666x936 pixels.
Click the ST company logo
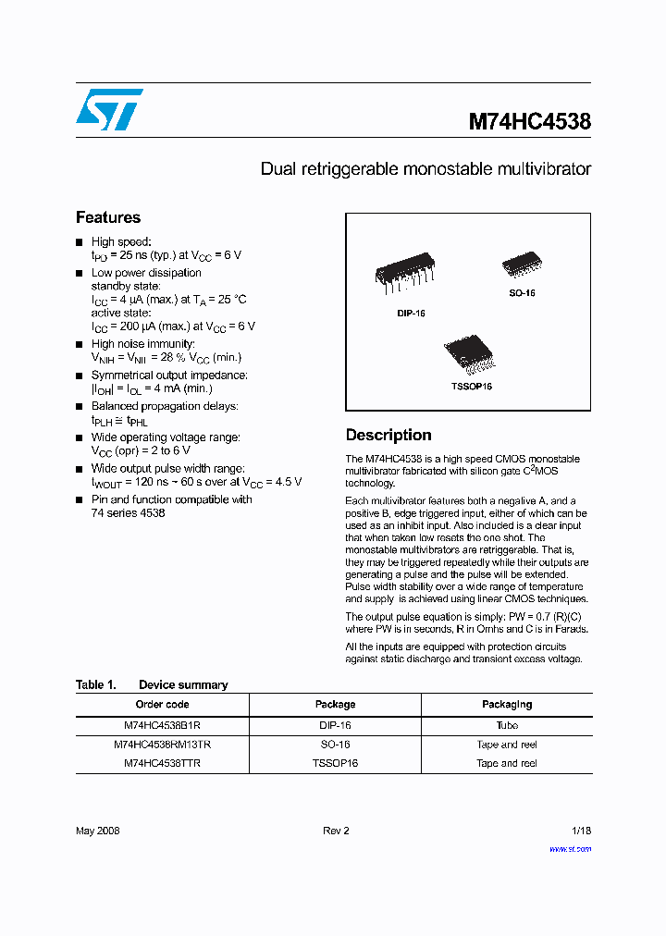point(109,109)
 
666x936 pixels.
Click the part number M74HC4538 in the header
point(529,121)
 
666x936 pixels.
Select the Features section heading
point(108,217)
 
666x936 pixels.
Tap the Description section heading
point(388,435)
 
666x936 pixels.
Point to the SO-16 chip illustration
point(522,265)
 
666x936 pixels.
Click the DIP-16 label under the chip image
point(412,314)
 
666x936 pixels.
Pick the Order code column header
point(162,705)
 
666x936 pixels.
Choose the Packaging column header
point(507,705)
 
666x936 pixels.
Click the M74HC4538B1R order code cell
point(162,726)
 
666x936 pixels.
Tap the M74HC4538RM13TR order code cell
point(162,745)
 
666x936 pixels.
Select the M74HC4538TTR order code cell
point(162,764)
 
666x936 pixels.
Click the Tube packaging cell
point(507,726)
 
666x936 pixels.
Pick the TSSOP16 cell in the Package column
point(335,764)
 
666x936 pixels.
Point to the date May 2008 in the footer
point(97,831)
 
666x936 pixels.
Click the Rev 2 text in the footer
point(336,831)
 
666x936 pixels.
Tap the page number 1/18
point(580,831)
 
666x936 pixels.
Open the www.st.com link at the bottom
point(570,849)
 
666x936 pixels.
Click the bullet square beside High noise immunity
point(80,344)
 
